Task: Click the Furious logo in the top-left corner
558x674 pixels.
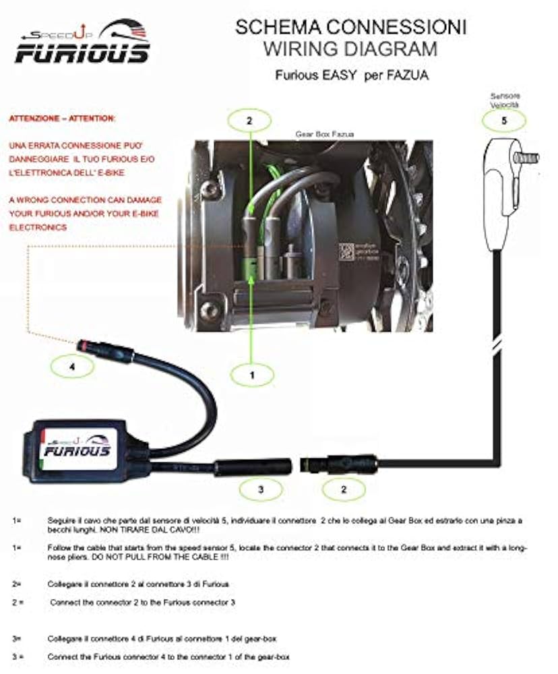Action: (x=82, y=42)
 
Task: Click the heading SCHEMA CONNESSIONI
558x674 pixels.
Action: (x=350, y=28)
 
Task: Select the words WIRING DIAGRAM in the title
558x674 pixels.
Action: (x=350, y=49)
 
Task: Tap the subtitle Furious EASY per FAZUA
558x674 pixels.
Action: (x=351, y=75)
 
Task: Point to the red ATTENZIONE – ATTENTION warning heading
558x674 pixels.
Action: (x=62, y=119)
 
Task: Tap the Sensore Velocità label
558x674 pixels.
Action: (x=505, y=101)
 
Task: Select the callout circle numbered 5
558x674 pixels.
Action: (x=505, y=122)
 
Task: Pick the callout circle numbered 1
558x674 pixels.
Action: (x=252, y=375)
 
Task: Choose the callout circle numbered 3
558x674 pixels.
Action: (x=261, y=489)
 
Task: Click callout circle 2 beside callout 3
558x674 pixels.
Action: (x=344, y=489)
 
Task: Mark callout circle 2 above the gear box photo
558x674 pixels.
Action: (x=249, y=121)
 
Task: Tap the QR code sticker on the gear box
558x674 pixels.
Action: (x=346, y=251)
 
